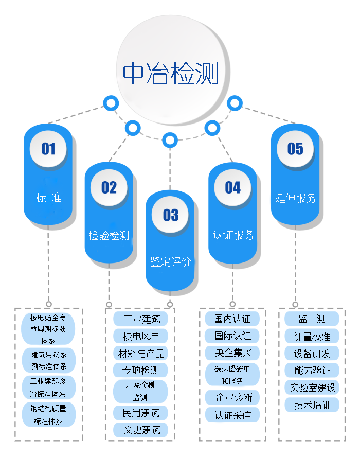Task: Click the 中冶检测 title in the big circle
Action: [x=170, y=73]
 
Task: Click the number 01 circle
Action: [x=48, y=149]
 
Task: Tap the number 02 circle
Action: [x=109, y=187]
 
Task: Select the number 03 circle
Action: [x=171, y=215]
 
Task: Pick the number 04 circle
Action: [x=232, y=187]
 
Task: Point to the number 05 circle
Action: [x=295, y=149]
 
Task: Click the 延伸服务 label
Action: [x=295, y=198]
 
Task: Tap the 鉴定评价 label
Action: [x=170, y=261]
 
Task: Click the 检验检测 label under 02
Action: [x=109, y=236]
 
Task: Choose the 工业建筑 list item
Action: [x=141, y=319]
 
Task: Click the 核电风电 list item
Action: [x=141, y=336]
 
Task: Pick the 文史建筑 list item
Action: [x=141, y=429]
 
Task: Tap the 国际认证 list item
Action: [x=233, y=336]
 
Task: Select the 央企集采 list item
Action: [x=233, y=353]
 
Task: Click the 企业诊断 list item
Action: [x=233, y=397]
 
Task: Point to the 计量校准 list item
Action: [x=312, y=337]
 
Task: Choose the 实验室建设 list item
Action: [x=312, y=388]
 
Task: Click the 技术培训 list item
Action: [x=312, y=405]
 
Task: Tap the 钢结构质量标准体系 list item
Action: [x=49, y=414]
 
